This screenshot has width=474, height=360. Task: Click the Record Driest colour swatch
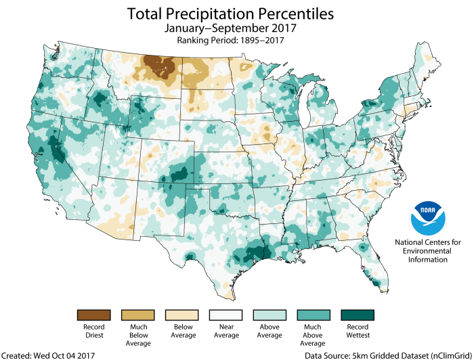tap(93, 315)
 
